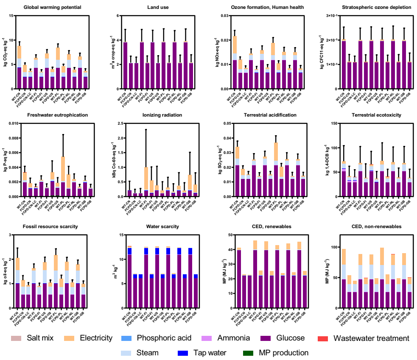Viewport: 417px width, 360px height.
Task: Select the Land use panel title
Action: click(156, 7)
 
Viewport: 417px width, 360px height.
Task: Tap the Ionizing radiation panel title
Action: click(156, 114)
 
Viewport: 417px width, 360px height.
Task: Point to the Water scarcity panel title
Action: click(156, 226)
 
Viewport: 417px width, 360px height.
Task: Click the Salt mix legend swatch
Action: click(16, 338)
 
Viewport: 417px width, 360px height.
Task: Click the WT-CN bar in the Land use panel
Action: click(126, 65)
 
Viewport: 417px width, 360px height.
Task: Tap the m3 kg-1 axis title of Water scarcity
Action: click(112, 271)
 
